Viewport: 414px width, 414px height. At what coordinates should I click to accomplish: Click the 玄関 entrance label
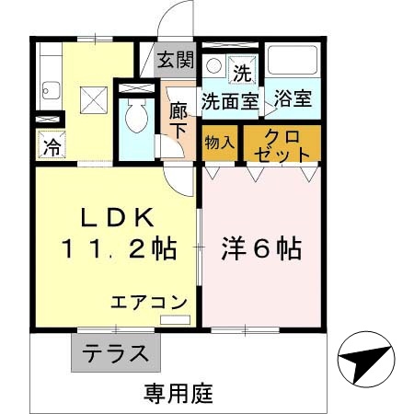click(175, 61)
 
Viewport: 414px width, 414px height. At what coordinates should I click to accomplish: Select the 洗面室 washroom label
click(230, 100)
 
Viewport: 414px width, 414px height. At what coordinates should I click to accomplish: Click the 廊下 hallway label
click(178, 120)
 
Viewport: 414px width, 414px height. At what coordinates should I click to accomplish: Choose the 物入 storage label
click(219, 143)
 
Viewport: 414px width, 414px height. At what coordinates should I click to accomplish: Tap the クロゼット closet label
click(282, 144)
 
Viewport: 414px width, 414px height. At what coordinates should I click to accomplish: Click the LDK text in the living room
click(115, 218)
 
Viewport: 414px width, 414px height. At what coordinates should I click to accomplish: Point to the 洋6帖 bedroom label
click(261, 248)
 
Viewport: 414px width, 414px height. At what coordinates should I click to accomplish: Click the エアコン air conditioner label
click(149, 302)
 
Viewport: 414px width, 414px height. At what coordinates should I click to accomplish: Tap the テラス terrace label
click(115, 352)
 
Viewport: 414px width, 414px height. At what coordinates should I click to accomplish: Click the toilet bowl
click(134, 118)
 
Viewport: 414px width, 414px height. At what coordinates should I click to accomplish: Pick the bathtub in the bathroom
click(293, 64)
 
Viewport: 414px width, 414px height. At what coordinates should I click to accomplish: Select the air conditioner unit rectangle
click(173, 319)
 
